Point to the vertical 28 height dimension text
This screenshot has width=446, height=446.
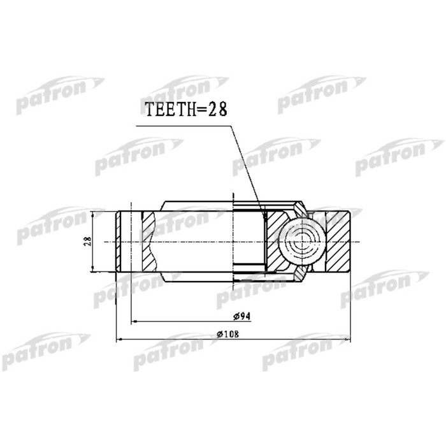(89, 241)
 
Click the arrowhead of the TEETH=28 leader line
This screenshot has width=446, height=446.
(263, 217)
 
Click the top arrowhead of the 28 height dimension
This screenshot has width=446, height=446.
(94, 214)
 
